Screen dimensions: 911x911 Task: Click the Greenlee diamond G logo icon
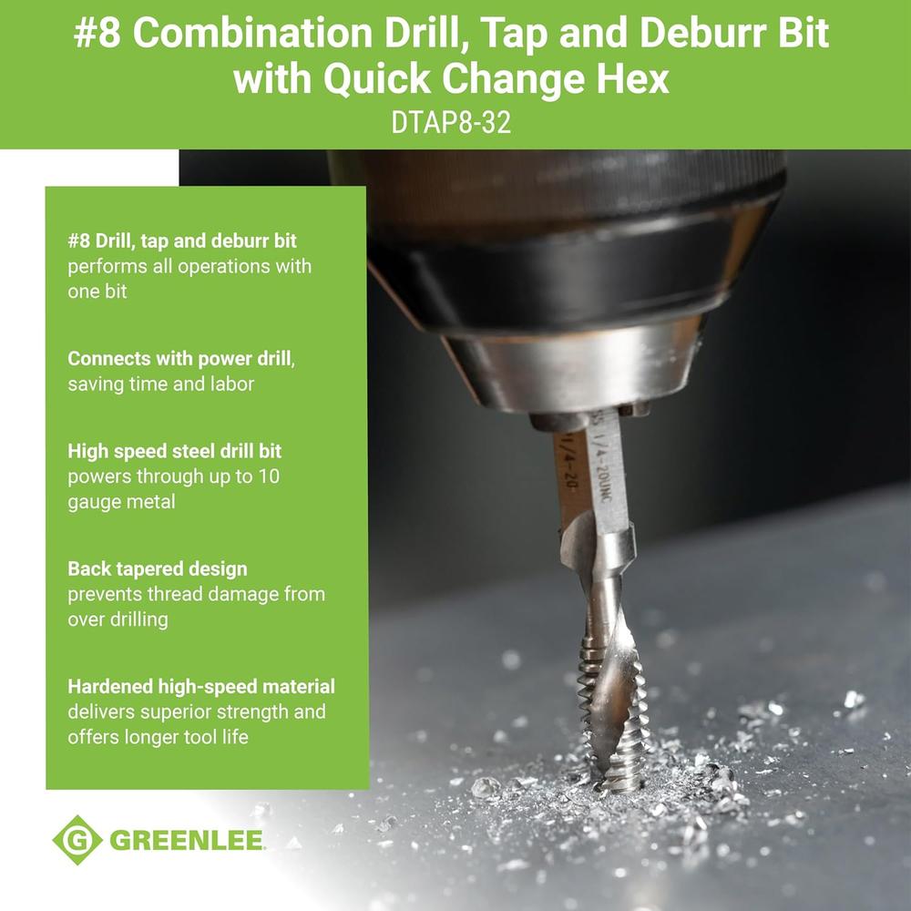pyautogui.click(x=77, y=839)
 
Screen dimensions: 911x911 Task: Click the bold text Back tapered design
pyautogui.click(x=157, y=568)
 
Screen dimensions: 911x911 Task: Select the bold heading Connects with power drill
pyautogui.click(x=181, y=359)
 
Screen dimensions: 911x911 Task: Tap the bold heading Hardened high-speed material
pyautogui.click(x=201, y=686)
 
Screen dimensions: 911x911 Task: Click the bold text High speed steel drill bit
pyautogui.click(x=180, y=451)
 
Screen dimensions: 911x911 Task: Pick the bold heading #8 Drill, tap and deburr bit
pyautogui.click(x=182, y=241)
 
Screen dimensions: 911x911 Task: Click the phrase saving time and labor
pyautogui.click(x=161, y=384)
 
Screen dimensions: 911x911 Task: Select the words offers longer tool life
pyautogui.click(x=158, y=736)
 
